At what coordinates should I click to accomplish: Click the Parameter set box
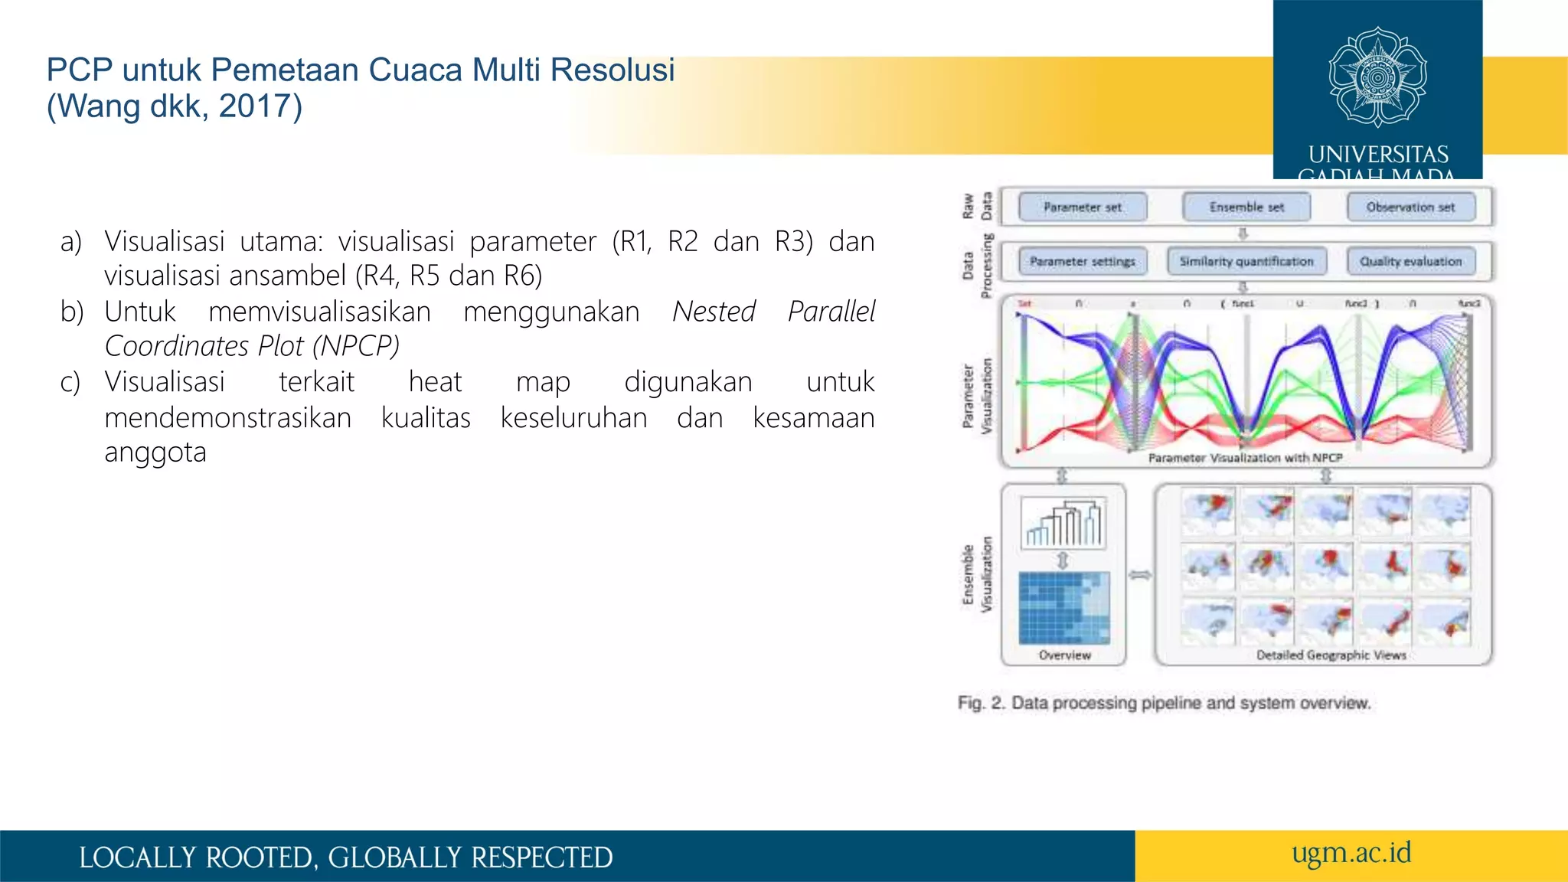pos(1082,207)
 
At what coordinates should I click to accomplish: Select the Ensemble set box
pos(1246,207)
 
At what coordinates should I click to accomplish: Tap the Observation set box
pos(1410,207)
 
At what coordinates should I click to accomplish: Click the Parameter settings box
pos(1082,261)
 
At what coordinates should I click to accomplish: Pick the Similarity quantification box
pos(1246,261)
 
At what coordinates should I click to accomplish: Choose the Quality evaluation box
pos(1410,261)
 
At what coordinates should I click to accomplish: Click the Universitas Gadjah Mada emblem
pos(1377,77)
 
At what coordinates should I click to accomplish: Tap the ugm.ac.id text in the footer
pos(1351,853)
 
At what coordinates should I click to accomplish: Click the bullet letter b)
pos(71,312)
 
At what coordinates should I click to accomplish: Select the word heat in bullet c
pos(435,381)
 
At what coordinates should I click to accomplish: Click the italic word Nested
pos(714,312)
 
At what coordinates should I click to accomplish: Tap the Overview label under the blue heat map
pos(1064,655)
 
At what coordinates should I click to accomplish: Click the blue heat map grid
pos(1064,608)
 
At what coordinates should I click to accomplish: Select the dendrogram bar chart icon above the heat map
pos(1064,523)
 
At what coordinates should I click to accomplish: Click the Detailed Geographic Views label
pos(1331,655)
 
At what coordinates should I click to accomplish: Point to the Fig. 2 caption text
pos(1164,703)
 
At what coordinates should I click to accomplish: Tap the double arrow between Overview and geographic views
pos(1140,574)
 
